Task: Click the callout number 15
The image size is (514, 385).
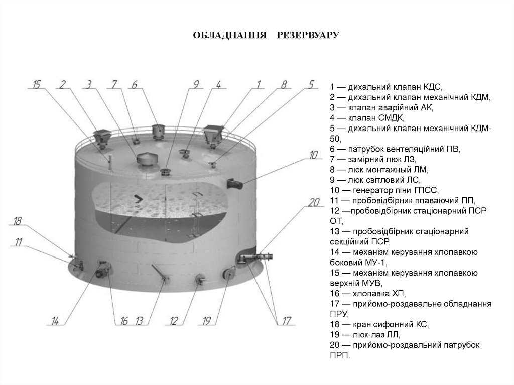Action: click(36, 84)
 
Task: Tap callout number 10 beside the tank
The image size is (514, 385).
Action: click(314, 155)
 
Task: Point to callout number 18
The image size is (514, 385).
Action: click(18, 221)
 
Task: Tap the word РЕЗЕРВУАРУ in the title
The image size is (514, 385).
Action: click(309, 36)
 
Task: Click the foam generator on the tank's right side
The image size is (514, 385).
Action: click(235, 184)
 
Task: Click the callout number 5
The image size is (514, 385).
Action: click(311, 84)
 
